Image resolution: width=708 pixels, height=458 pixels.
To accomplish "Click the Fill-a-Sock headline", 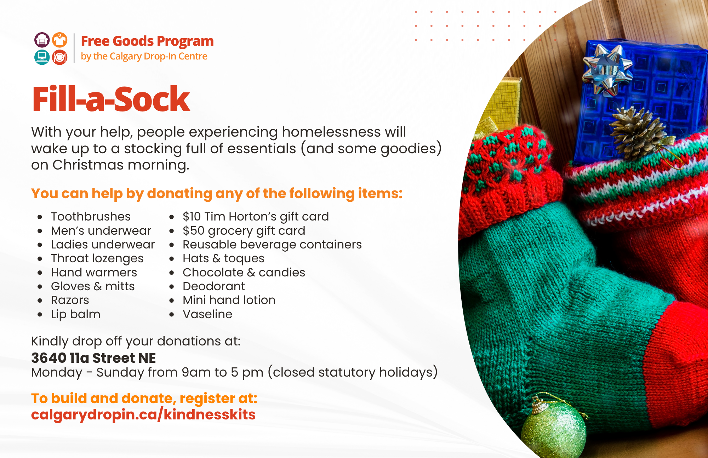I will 111,99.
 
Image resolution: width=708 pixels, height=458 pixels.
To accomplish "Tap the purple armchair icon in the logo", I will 42,40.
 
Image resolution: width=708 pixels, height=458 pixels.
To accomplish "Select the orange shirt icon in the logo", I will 60,40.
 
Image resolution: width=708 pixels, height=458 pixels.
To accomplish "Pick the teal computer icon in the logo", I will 42,57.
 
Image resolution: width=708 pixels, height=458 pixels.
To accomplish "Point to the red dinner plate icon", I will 60,57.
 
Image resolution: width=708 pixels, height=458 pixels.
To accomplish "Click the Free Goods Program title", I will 147,41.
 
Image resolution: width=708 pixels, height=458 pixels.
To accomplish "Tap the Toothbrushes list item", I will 91,216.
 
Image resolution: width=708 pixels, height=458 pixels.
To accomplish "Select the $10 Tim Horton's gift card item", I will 256,216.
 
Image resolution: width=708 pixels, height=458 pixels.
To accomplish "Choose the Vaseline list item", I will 207,314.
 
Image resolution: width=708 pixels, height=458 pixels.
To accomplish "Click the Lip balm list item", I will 76,314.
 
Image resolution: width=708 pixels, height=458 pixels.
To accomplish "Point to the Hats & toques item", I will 223,258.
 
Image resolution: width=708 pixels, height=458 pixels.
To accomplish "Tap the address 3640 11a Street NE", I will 93,358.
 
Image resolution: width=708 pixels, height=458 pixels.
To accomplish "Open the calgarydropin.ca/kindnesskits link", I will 143,414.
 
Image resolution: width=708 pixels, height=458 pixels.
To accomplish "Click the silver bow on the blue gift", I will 607,69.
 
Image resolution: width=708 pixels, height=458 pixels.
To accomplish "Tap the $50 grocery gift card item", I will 244,230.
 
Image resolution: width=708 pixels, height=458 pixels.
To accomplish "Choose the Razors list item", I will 70,300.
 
